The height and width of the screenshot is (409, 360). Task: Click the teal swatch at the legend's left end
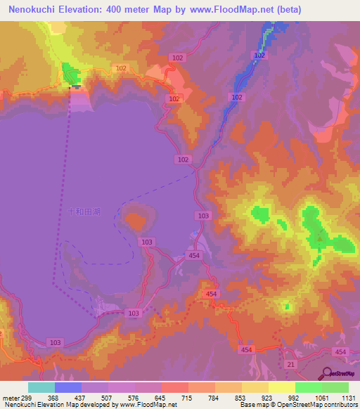(41, 387)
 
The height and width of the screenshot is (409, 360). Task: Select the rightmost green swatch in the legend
(335, 387)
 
